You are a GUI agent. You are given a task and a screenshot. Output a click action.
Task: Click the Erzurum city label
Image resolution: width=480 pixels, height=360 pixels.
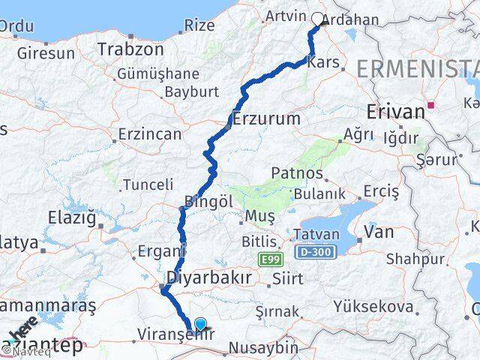266,118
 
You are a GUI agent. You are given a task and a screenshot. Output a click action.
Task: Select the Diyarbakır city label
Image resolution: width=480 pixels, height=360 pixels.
209,277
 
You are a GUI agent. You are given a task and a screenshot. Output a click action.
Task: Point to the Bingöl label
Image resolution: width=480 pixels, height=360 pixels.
204,202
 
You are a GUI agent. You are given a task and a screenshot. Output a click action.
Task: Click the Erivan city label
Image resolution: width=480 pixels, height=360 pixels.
396,112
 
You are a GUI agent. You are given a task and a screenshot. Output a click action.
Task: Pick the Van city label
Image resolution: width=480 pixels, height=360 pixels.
379,232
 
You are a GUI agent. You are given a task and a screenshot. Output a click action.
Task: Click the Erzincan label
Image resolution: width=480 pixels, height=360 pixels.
150,134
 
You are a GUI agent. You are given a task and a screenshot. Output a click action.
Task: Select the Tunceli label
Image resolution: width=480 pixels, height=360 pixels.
148,184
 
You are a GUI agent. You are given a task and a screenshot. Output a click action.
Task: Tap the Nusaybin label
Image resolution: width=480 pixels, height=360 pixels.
262,348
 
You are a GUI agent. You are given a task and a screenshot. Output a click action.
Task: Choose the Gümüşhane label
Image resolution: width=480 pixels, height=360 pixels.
158,74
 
